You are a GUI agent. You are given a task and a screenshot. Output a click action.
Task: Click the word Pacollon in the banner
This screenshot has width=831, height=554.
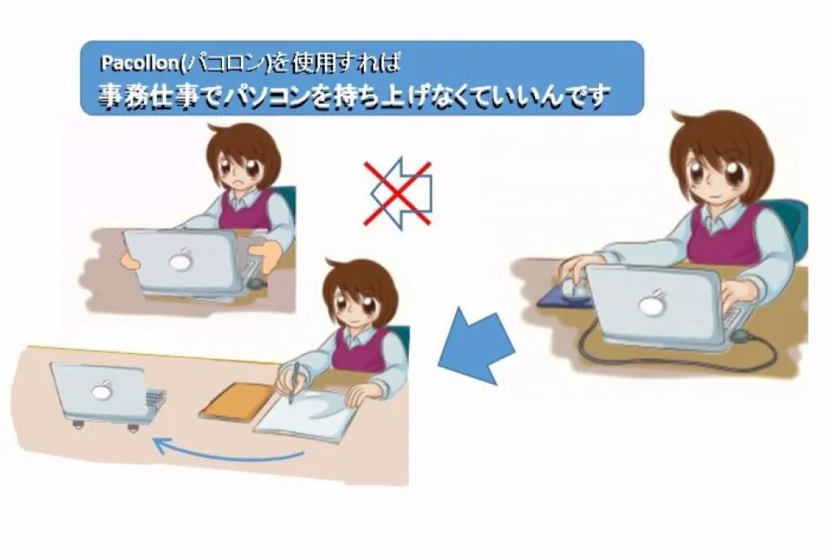pos(140,63)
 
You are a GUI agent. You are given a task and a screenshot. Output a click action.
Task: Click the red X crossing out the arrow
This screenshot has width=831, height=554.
pos(397,194)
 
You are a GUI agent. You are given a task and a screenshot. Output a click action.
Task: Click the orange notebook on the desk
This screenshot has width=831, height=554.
pos(238,400)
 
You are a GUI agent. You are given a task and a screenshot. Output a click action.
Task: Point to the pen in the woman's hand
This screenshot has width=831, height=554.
pos(293,382)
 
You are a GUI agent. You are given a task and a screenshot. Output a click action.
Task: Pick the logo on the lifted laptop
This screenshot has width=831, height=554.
pos(180,260)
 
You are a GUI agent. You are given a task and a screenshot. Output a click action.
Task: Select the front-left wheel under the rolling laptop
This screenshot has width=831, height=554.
pos(79,423)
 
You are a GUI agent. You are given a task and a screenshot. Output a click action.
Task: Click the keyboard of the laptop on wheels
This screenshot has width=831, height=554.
pos(155,400)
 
